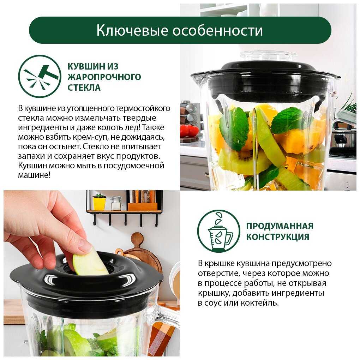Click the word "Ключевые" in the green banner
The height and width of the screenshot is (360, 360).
click(x=132, y=30)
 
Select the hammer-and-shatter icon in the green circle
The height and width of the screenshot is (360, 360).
click(x=40, y=76)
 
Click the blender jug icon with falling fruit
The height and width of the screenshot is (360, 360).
click(x=219, y=232)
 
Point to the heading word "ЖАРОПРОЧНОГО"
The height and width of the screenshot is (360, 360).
click(x=104, y=77)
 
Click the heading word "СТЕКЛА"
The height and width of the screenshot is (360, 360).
click(x=84, y=88)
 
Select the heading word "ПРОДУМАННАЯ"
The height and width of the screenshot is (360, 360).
click(x=280, y=226)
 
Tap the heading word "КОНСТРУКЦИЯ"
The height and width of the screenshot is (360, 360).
click(x=277, y=237)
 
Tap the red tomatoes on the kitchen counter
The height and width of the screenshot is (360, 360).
click(x=189, y=131)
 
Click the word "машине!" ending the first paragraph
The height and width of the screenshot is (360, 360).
click(x=34, y=175)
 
